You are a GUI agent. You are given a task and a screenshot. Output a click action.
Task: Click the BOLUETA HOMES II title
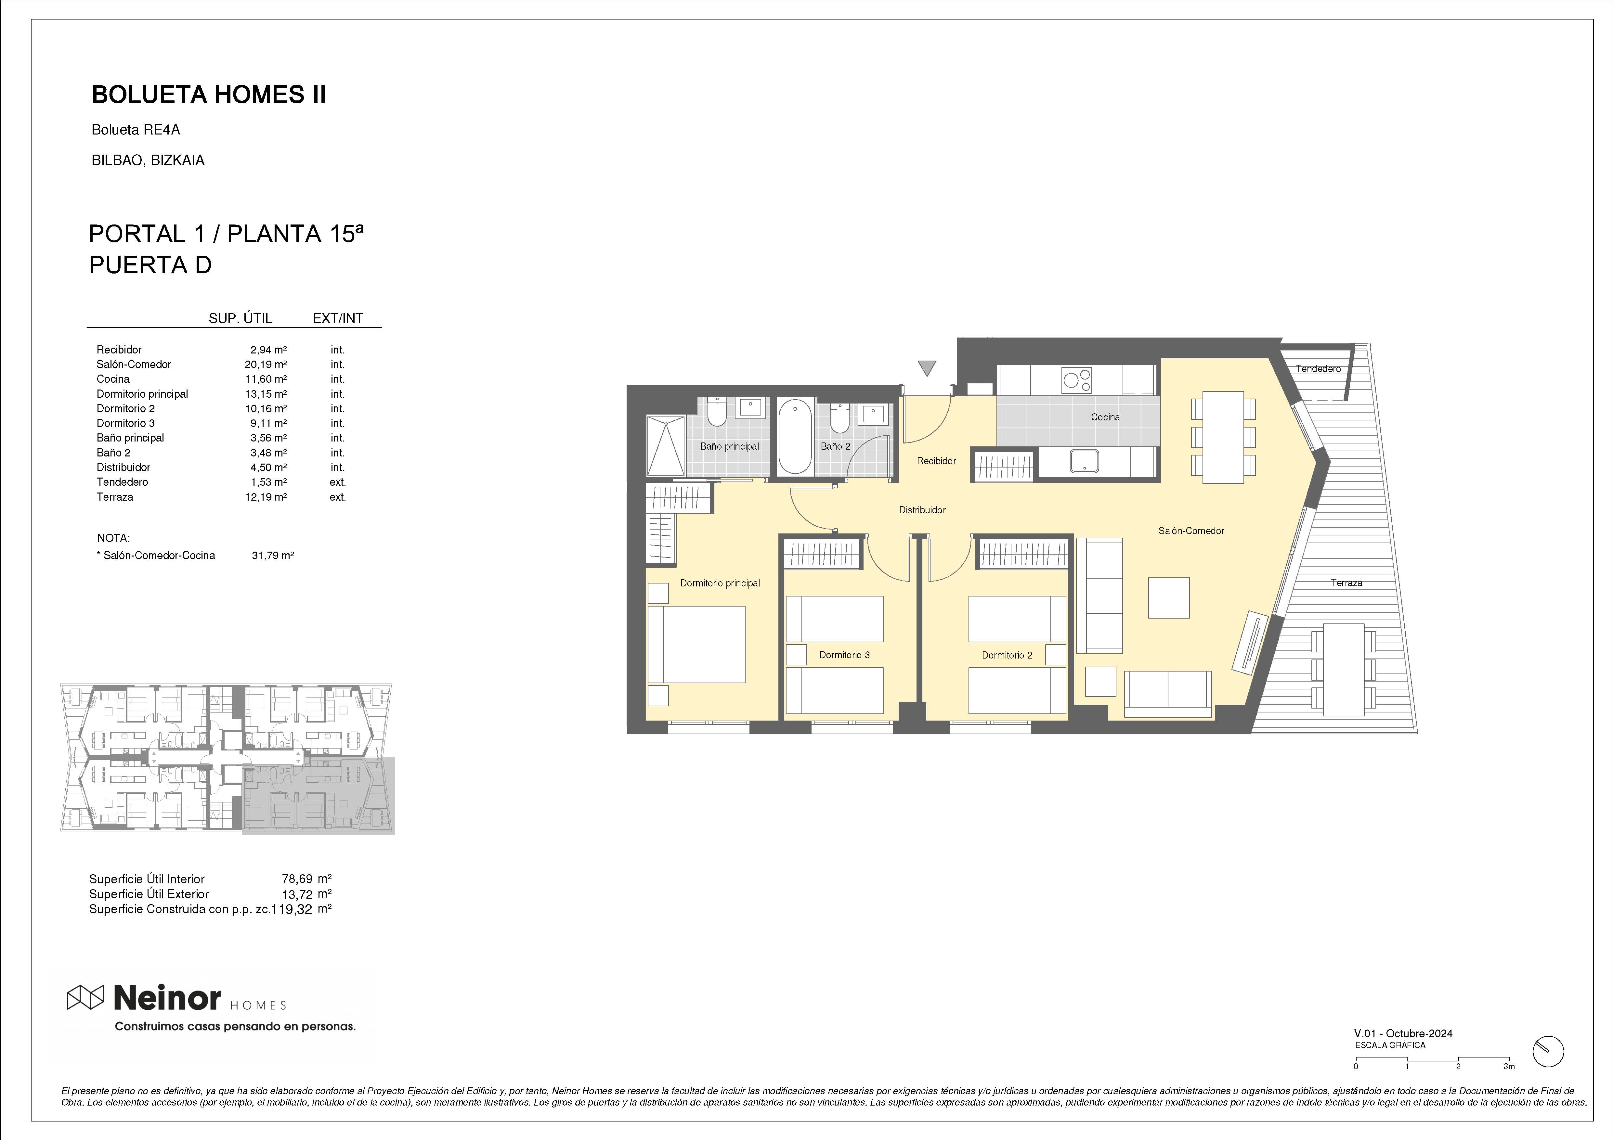[209, 95]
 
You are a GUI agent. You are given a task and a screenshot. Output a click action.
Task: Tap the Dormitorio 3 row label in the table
[126, 423]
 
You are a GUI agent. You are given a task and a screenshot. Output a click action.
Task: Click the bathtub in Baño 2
[795, 436]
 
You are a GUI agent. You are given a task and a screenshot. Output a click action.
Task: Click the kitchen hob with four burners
[1077, 380]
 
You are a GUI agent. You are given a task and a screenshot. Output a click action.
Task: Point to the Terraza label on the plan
[1346, 582]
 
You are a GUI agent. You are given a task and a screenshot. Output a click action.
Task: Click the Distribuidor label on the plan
[922, 510]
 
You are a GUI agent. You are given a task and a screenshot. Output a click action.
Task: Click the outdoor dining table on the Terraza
[1343, 669]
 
